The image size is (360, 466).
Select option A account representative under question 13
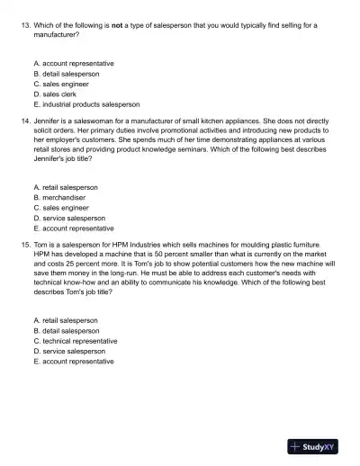[73, 64]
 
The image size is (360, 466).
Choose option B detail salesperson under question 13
[66, 74]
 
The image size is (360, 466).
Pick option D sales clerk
[59, 94]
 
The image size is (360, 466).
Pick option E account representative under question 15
[73, 361]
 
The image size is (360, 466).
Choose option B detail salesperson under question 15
[66, 331]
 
